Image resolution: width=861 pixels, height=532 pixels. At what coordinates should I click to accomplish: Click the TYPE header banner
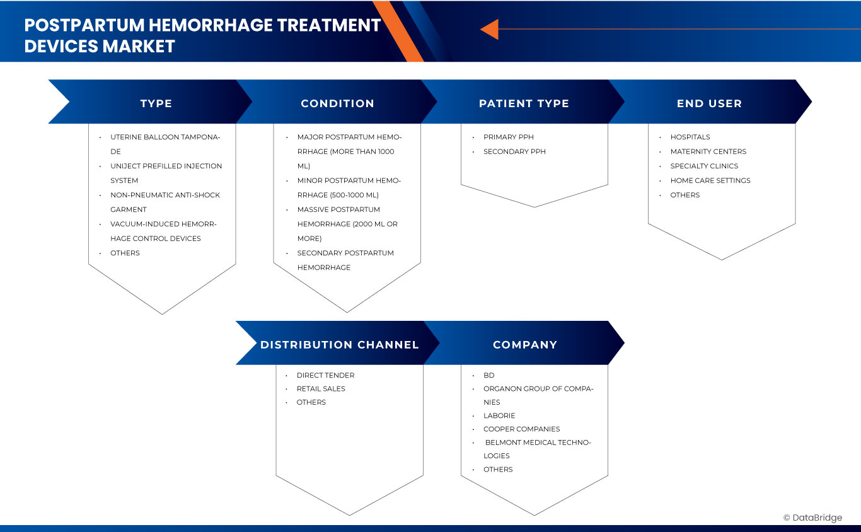click(156, 103)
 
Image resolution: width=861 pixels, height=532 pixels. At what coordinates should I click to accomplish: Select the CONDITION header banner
click(337, 103)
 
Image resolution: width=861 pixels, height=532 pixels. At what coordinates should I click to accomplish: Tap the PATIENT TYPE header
click(524, 103)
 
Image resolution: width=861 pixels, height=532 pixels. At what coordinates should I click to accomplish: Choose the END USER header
click(709, 103)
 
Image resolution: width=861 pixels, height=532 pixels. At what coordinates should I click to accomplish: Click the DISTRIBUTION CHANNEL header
click(339, 345)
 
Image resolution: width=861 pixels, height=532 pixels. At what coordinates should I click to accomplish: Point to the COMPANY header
click(525, 345)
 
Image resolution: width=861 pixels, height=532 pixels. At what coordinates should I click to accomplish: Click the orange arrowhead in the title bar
click(490, 29)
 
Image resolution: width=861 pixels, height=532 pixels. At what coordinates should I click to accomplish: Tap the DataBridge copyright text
click(812, 518)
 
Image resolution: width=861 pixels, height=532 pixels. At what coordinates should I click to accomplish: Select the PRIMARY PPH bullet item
click(508, 137)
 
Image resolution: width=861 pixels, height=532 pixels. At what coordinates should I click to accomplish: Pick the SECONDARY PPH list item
click(514, 151)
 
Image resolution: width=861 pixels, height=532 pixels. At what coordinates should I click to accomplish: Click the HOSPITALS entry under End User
click(690, 137)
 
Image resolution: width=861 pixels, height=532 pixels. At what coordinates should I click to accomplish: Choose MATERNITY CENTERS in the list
click(708, 151)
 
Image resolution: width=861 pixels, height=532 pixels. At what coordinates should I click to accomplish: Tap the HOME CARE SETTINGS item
click(710, 180)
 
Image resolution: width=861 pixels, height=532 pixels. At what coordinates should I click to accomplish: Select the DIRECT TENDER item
click(325, 375)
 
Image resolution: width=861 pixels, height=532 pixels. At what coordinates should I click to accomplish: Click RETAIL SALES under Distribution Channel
click(321, 388)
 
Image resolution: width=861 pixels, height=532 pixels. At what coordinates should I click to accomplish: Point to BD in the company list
click(489, 375)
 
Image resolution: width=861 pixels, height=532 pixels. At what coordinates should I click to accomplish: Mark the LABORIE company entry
click(499, 415)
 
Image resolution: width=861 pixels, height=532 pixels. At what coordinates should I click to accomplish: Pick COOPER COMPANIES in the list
click(521, 429)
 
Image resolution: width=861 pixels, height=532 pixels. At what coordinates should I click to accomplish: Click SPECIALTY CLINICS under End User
click(704, 166)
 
